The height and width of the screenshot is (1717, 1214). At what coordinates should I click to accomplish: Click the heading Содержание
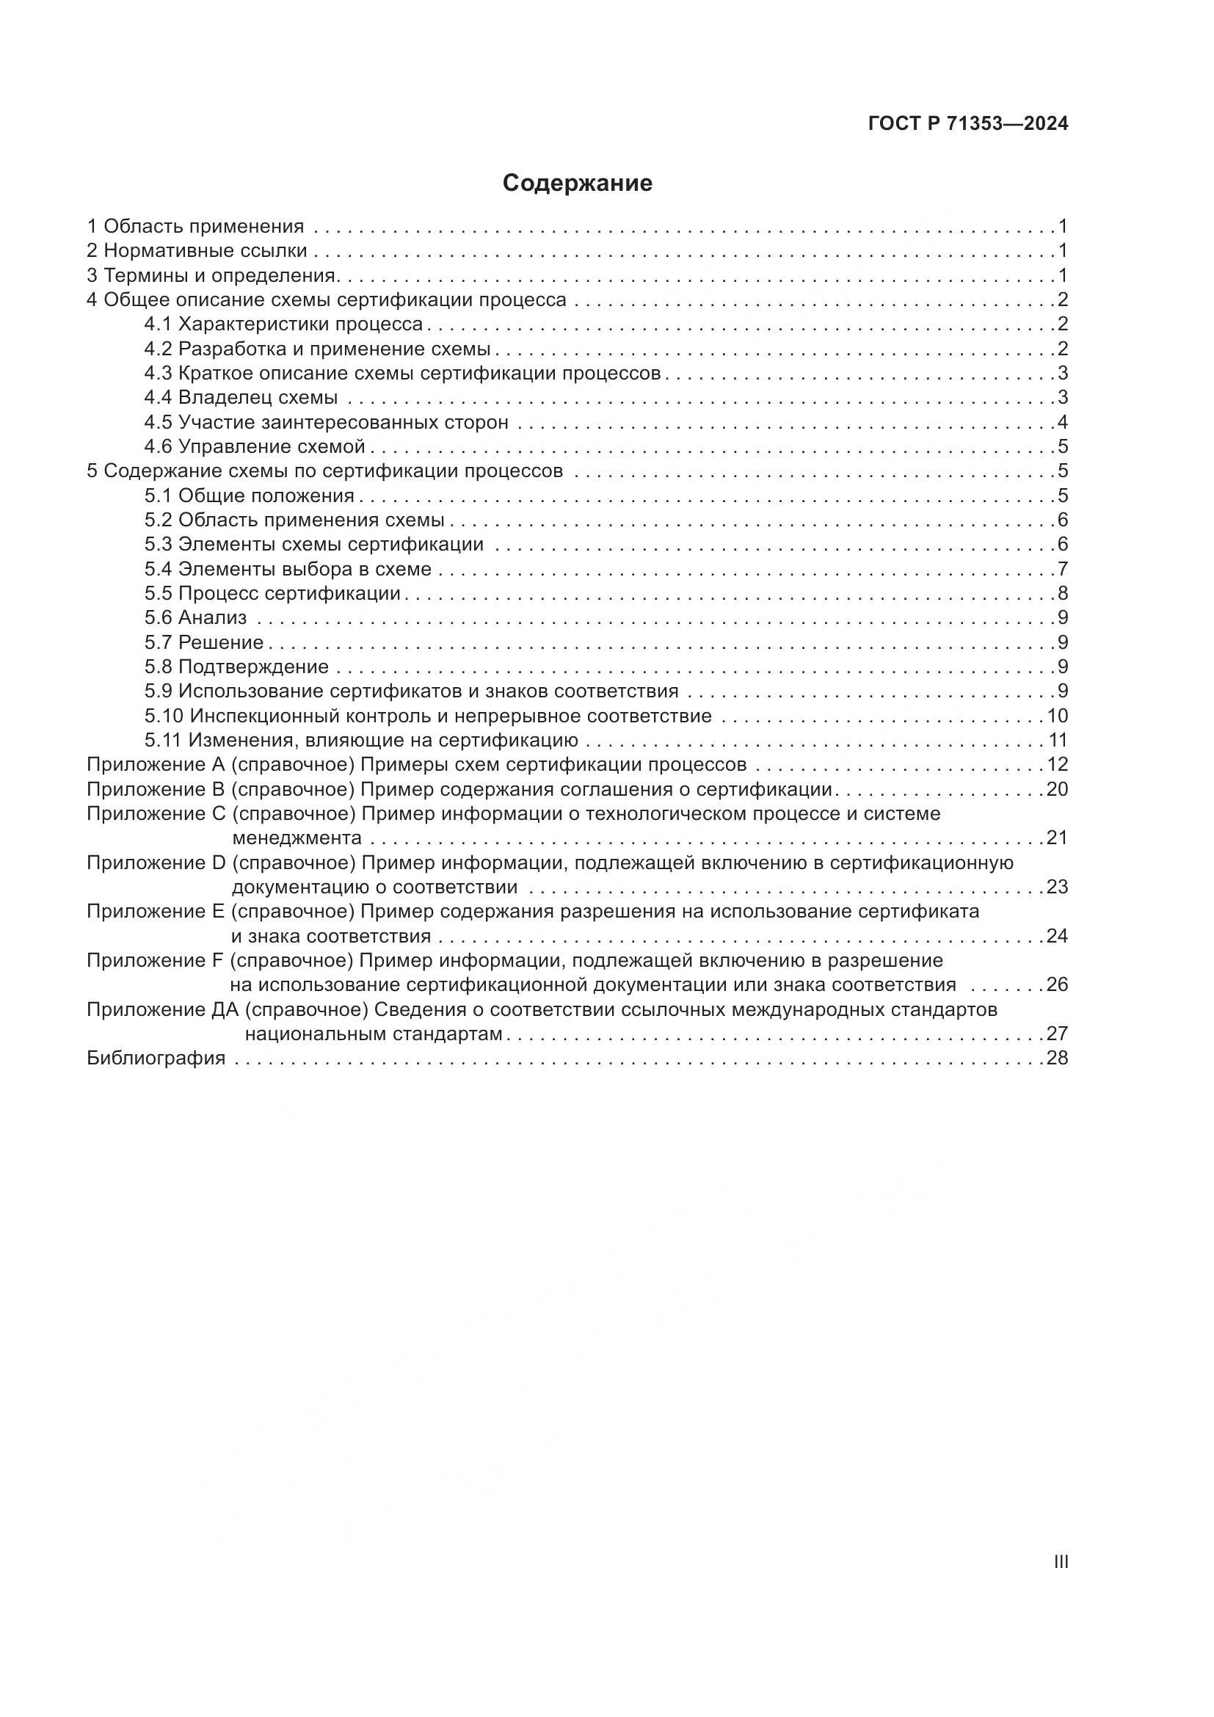pyautogui.click(x=577, y=184)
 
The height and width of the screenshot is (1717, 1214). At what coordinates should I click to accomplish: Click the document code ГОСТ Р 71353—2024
pyautogui.click(x=968, y=124)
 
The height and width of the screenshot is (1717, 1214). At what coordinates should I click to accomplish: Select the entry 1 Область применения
pyautogui.click(x=195, y=226)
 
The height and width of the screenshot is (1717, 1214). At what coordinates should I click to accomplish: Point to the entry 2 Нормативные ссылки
pyautogui.click(x=197, y=250)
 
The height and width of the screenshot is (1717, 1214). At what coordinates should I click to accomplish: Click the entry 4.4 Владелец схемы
pyautogui.click(x=241, y=397)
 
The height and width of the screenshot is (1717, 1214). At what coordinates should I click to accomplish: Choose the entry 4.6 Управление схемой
pyautogui.click(x=254, y=446)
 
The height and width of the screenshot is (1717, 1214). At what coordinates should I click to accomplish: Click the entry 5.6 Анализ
pyautogui.click(x=195, y=617)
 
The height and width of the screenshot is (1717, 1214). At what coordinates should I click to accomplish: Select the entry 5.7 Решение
pyautogui.click(x=203, y=642)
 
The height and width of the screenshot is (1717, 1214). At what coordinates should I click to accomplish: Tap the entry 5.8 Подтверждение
pyautogui.click(x=236, y=667)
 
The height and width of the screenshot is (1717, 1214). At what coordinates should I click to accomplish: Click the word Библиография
pyautogui.click(x=156, y=1059)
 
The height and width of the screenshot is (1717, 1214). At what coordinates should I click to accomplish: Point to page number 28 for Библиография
pyautogui.click(x=1057, y=1059)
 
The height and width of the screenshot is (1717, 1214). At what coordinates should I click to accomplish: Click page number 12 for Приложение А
pyautogui.click(x=1057, y=764)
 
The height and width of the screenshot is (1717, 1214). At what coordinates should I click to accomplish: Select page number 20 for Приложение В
pyautogui.click(x=1057, y=789)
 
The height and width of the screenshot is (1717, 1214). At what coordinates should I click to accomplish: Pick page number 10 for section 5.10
pyautogui.click(x=1057, y=716)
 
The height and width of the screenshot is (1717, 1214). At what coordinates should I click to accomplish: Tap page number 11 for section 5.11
pyautogui.click(x=1057, y=741)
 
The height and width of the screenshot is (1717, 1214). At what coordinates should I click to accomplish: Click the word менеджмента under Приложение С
pyautogui.click(x=297, y=838)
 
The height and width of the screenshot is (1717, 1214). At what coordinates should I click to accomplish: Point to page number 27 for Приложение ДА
pyautogui.click(x=1057, y=1034)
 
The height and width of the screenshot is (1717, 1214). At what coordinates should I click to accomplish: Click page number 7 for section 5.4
pyautogui.click(x=1062, y=569)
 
